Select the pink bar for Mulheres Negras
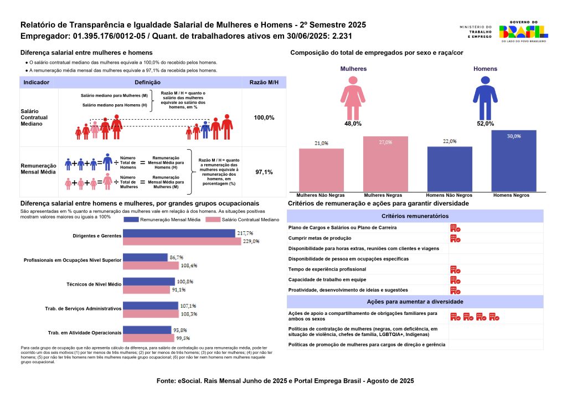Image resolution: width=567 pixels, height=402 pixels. point(385,164)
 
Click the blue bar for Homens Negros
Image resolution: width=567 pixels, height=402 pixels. point(514,161)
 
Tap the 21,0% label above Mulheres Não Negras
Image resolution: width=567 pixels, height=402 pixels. point(321,144)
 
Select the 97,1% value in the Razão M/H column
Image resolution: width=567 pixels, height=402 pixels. point(264,172)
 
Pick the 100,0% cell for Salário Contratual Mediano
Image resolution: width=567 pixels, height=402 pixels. point(264,118)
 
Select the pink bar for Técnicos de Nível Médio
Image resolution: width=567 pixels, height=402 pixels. point(146,289)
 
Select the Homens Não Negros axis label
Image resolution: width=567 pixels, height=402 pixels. point(449,196)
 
